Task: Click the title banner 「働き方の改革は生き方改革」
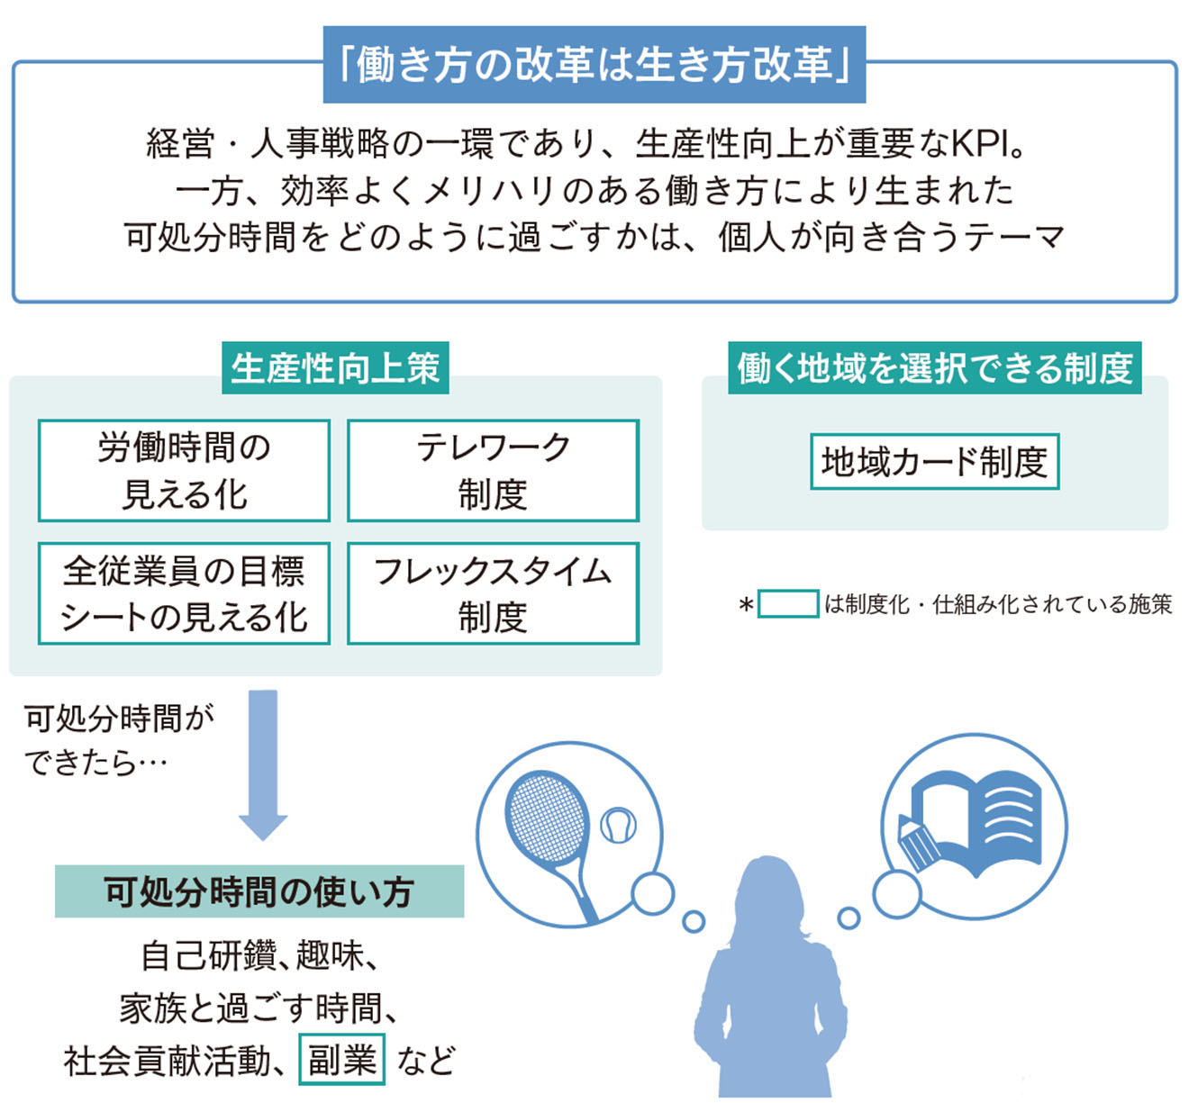pos(594,65)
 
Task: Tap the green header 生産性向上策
pos(335,368)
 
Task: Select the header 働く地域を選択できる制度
pos(935,368)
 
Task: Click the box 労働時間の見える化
pos(184,471)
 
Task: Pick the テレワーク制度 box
pos(494,471)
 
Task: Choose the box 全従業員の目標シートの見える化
pos(184,593)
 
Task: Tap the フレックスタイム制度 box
pos(494,593)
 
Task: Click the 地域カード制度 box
pos(935,462)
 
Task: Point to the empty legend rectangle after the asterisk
pos(788,604)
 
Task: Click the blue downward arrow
pos(263,765)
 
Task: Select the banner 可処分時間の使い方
pos(259,891)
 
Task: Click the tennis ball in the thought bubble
pos(618,826)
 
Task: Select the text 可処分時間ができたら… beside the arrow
pos(119,741)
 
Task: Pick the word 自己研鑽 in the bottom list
pos(208,956)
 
